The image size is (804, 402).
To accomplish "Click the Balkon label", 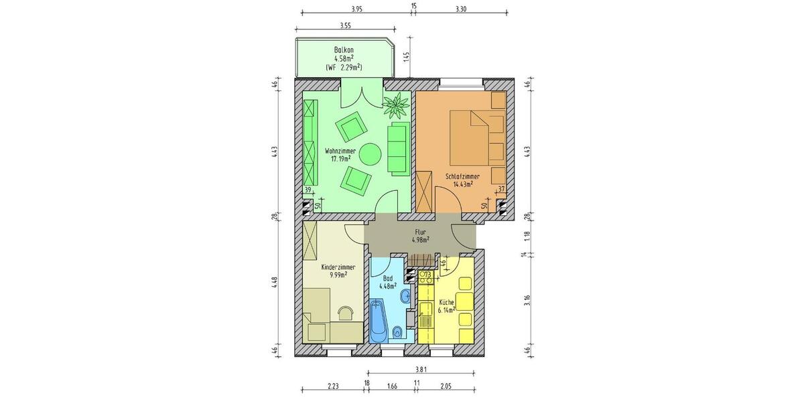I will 344,51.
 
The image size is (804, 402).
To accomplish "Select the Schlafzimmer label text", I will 462,176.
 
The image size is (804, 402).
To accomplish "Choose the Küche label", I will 447,302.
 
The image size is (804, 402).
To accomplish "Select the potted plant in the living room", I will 397,105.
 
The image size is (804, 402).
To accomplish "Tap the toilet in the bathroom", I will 398,330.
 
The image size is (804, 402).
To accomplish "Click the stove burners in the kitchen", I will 425,275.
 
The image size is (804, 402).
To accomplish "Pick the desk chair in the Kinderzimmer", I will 346,312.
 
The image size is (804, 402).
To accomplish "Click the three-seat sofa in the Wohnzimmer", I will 397,149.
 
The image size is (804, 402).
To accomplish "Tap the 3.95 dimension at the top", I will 356,9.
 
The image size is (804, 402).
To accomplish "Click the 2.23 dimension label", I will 333,385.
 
